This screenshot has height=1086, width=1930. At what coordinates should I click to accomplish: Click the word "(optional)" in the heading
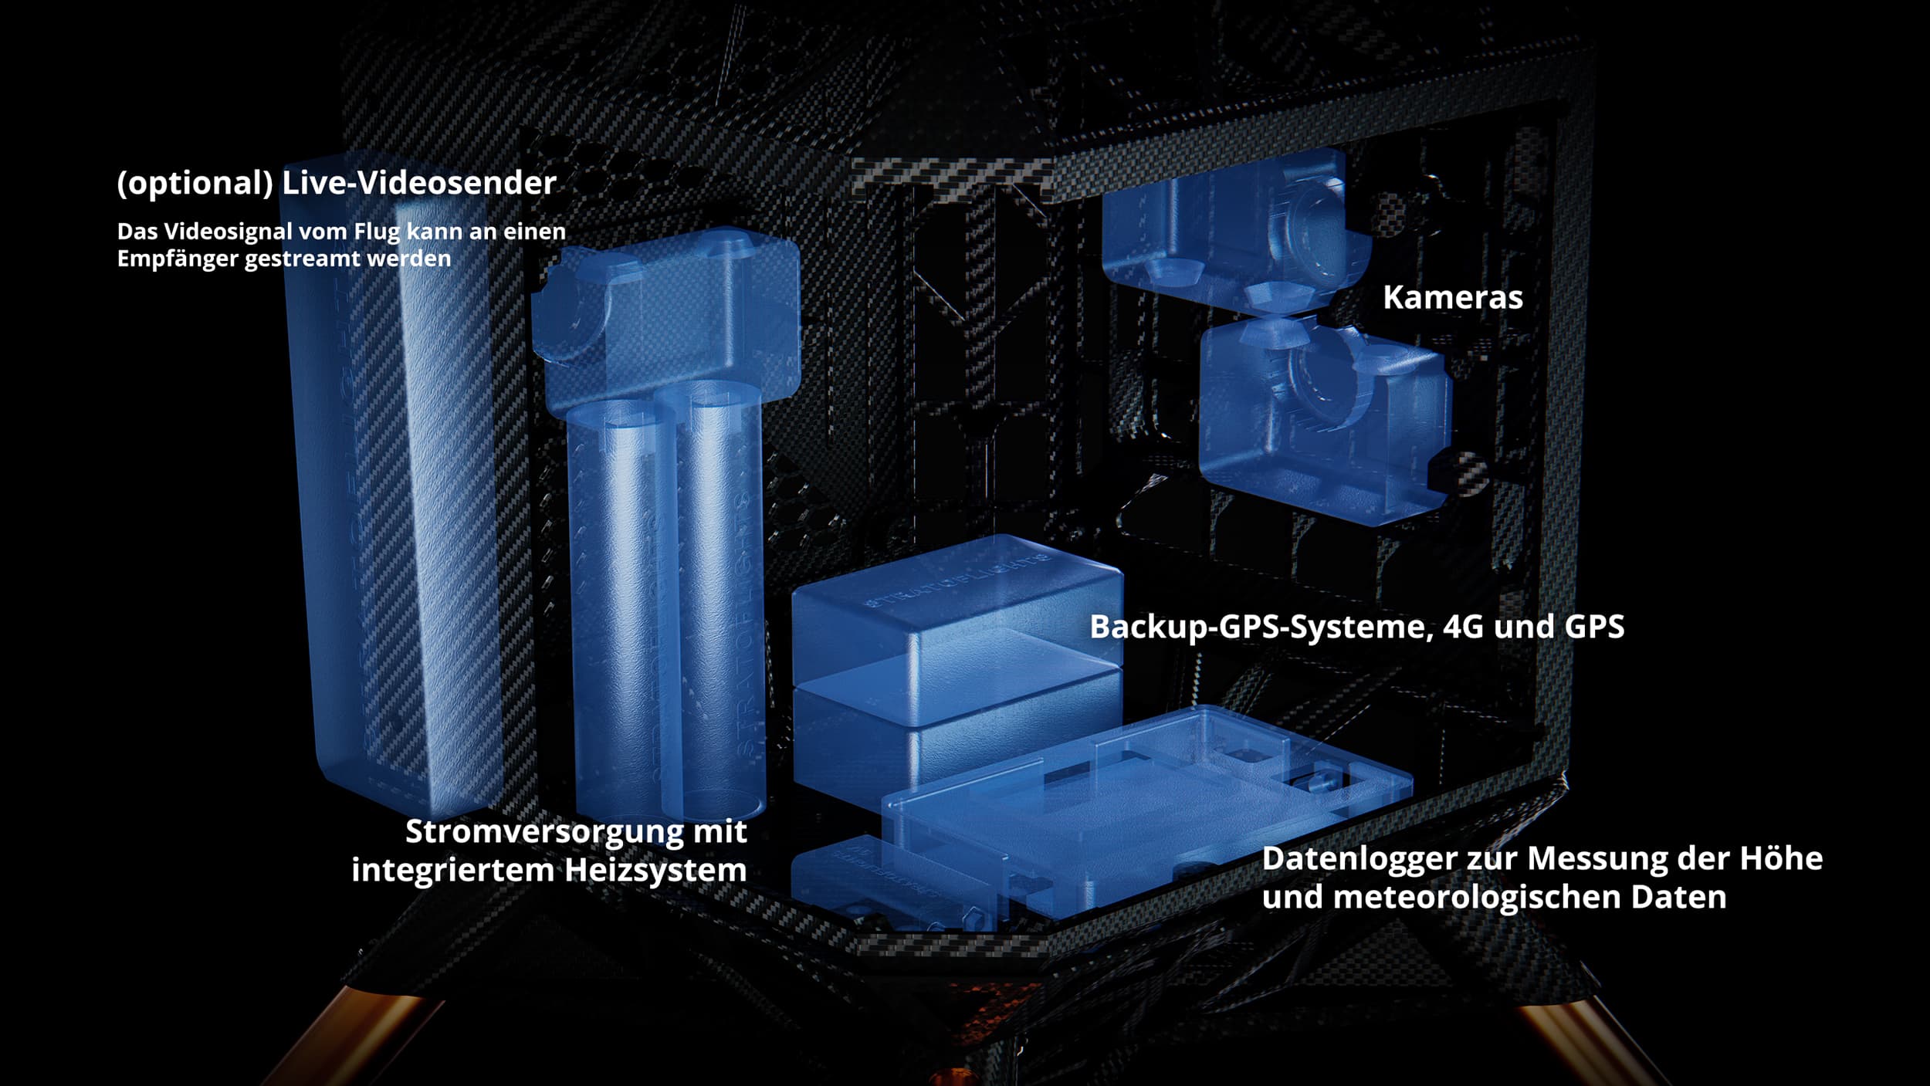tap(195, 184)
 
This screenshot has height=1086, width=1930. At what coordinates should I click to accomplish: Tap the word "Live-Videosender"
tap(419, 183)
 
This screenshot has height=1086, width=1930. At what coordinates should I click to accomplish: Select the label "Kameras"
tap(1452, 297)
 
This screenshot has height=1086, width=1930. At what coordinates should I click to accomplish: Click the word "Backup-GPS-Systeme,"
tap(1261, 627)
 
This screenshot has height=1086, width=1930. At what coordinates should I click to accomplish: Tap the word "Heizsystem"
tap(655, 870)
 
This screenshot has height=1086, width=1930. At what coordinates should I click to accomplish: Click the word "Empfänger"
tap(178, 259)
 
